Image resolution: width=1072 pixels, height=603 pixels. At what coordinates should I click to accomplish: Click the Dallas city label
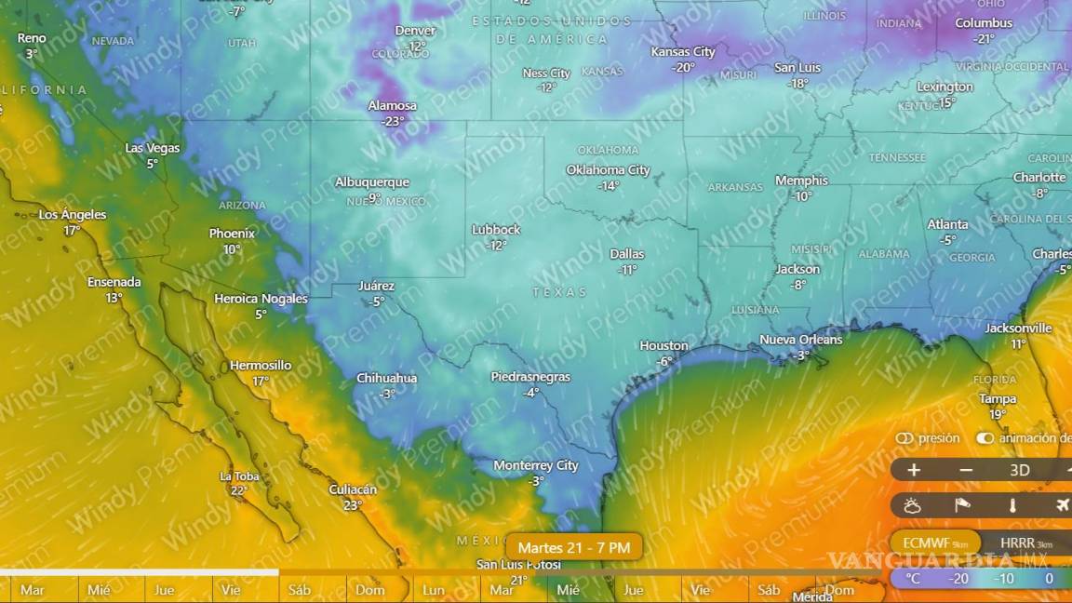[x=626, y=253]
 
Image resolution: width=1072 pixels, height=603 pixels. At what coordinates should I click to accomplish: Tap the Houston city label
[x=663, y=345]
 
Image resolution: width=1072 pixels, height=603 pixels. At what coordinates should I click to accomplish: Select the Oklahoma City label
[x=608, y=169]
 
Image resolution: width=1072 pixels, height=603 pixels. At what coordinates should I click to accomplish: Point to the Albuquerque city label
[x=371, y=182]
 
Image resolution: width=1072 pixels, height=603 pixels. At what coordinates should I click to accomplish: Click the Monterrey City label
[x=535, y=465]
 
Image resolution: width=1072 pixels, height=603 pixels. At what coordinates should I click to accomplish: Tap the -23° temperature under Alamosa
[x=392, y=121]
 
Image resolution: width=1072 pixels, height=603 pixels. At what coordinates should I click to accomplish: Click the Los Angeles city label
[x=73, y=215]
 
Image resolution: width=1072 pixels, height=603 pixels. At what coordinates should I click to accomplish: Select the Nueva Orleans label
[x=800, y=340]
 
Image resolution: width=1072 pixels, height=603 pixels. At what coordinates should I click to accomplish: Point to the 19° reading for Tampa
[x=997, y=414]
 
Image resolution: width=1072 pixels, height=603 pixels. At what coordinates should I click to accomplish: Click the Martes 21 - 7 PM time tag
[x=573, y=547]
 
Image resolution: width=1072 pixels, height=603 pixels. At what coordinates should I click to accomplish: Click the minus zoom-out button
[x=965, y=470]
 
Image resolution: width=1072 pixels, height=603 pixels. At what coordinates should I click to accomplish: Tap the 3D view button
[x=1019, y=470]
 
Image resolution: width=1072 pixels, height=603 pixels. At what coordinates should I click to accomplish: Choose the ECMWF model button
[x=934, y=543]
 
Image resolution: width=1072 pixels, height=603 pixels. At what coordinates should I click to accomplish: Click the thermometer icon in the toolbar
[x=1012, y=505]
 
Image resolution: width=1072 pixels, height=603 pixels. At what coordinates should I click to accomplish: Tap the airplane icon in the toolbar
[x=1063, y=505]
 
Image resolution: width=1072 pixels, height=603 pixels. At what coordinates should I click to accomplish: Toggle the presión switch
[x=904, y=438]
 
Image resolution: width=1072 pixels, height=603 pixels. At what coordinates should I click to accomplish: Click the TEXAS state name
[x=559, y=292]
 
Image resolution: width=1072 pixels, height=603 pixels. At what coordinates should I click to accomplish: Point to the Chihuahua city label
[x=386, y=379]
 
